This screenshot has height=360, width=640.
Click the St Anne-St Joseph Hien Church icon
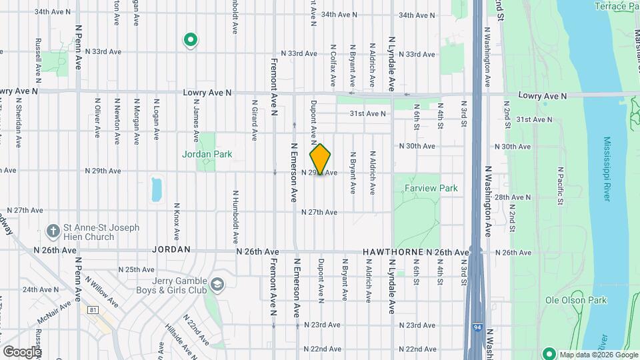point(53,231)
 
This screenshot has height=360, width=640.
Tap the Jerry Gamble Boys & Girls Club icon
point(217,285)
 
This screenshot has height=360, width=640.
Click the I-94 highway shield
point(473,328)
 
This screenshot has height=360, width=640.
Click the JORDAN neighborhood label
point(171,249)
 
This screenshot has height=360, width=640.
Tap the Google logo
point(21,351)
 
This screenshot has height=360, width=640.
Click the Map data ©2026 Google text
point(598,355)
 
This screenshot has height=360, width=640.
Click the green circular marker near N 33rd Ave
point(190,41)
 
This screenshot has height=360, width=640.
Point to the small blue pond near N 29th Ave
point(157,189)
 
